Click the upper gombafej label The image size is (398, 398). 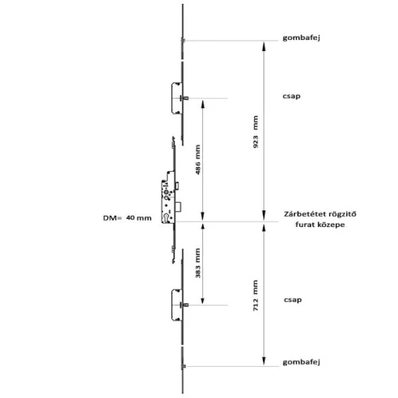[x=302, y=37]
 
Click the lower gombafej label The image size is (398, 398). [x=302, y=362]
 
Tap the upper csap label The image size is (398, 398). [x=291, y=96]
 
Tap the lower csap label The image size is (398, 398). [x=293, y=300]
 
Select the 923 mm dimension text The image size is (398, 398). [x=256, y=131]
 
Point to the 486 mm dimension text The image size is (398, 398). [x=198, y=159]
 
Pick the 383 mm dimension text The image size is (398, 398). [x=198, y=263]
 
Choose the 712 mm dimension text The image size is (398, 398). [x=256, y=295]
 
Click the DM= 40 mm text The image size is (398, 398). [x=127, y=218]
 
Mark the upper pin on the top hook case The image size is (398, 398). [x=185, y=98]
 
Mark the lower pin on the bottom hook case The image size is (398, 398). [x=185, y=305]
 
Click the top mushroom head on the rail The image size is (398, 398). [x=183, y=41]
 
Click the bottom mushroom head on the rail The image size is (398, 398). [x=183, y=366]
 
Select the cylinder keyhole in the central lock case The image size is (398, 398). [x=166, y=217]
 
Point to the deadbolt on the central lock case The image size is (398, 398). [x=178, y=207]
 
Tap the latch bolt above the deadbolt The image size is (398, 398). [x=177, y=185]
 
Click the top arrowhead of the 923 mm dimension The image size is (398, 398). [x=263, y=46]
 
